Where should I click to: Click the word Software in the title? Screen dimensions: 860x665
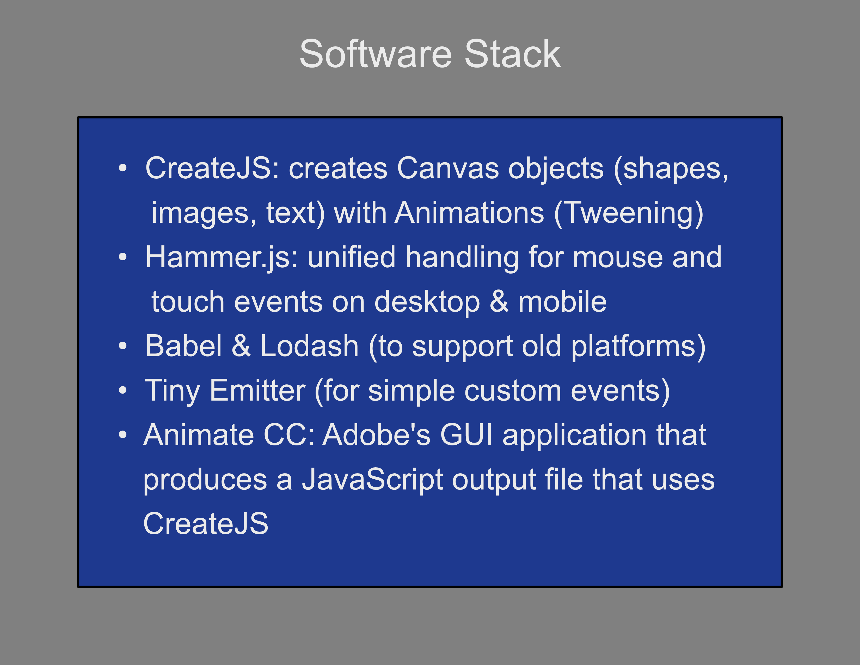tap(376, 54)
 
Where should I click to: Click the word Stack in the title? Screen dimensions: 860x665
tap(512, 54)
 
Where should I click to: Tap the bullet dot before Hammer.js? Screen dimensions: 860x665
tap(123, 257)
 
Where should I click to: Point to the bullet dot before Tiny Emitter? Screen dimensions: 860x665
tap(123, 390)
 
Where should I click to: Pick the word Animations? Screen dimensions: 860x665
tap(469, 213)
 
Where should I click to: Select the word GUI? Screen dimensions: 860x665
tap(466, 435)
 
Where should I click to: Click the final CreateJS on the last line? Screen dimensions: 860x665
tap(206, 524)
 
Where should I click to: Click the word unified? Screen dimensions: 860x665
tap(351, 257)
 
